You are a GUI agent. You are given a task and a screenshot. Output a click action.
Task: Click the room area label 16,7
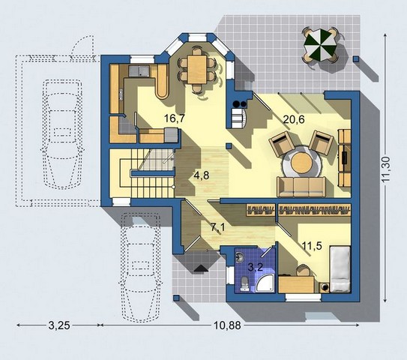point(175,118)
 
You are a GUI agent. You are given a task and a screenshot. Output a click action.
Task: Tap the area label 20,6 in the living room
point(294,120)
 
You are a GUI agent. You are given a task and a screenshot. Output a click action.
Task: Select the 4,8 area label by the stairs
point(202,175)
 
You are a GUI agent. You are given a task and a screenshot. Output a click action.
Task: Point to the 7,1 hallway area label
point(217,227)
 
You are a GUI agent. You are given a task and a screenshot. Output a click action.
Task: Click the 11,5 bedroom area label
point(312,245)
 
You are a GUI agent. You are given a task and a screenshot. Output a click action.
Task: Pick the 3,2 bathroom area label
point(256,267)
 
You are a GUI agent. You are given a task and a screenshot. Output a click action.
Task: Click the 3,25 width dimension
point(59,325)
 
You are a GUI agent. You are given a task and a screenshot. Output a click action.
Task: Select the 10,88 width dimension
point(227,325)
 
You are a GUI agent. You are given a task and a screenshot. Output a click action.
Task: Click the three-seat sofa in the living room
point(301,187)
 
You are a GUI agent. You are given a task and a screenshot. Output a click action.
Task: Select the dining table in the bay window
point(197,69)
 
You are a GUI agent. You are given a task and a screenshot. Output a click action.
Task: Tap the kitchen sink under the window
point(139,71)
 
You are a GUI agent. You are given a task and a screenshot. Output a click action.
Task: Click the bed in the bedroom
point(340,269)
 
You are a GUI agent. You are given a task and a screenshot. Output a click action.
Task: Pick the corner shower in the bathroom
point(265,284)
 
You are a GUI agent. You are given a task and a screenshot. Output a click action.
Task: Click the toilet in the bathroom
point(245,284)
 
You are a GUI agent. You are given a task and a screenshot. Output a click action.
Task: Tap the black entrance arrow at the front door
point(201,268)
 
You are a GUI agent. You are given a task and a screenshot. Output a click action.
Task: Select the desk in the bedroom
point(296,285)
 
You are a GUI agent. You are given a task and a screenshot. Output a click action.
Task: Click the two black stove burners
point(240,104)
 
